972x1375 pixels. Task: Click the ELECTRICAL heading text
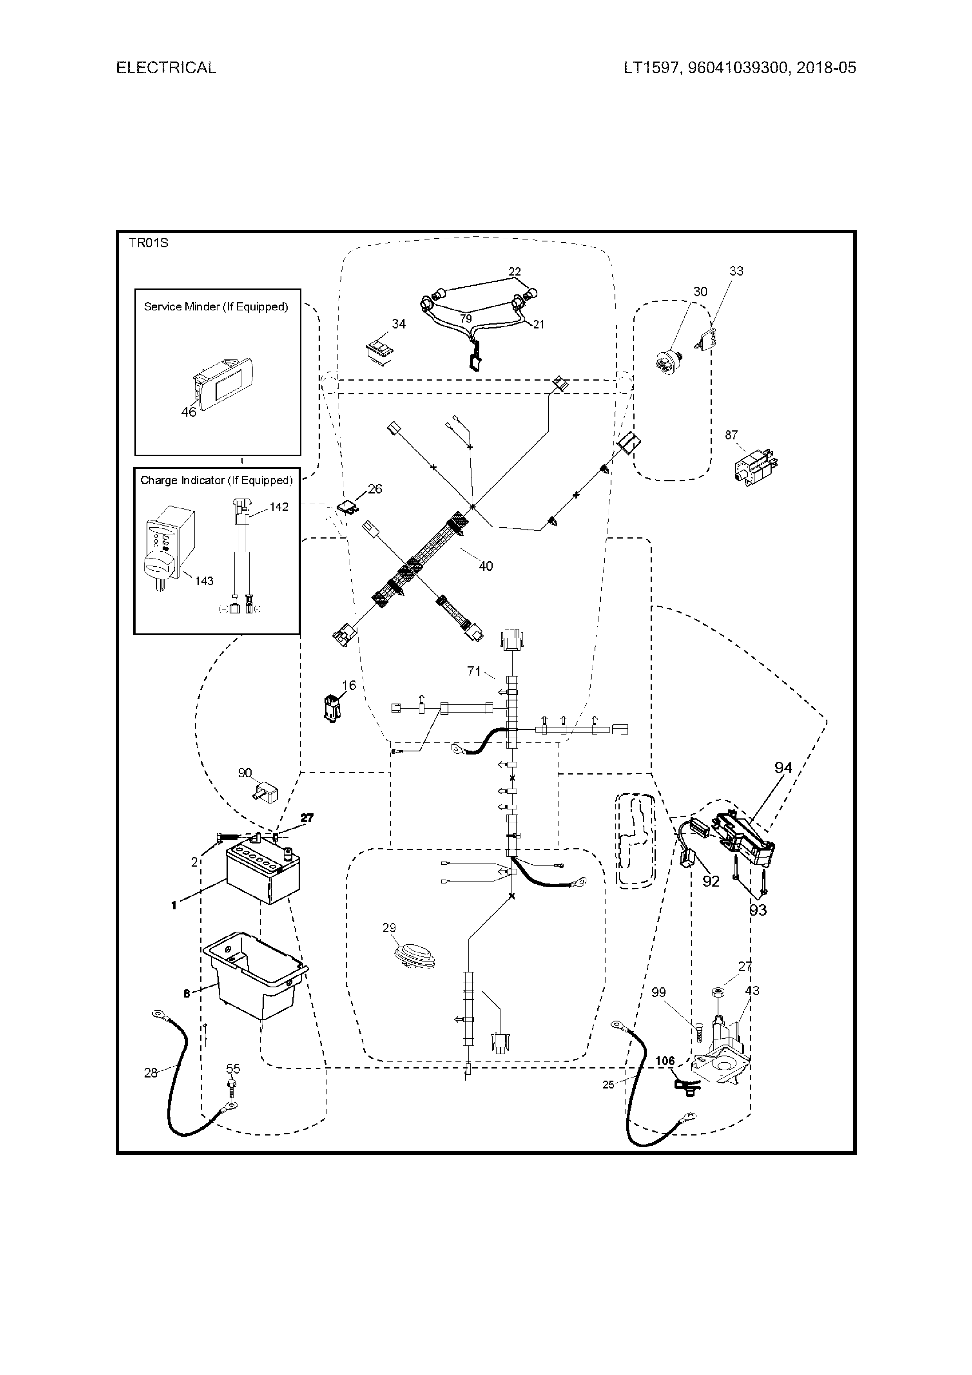pyautogui.click(x=166, y=68)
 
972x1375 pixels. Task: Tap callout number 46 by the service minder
pyautogui.click(x=189, y=412)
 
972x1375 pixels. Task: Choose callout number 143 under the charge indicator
pyautogui.click(x=204, y=581)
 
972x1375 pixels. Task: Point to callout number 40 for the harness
pyautogui.click(x=486, y=566)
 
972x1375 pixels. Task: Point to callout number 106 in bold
pyautogui.click(x=665, y=1061)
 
